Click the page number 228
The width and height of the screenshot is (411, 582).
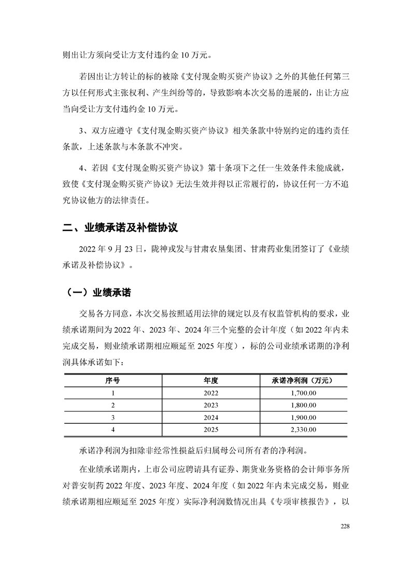pyautogui.click(x=345, y=526)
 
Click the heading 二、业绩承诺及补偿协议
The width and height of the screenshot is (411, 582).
pyautogui.click(x=120, y=228)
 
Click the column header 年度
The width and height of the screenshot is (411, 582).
pyautogui.click(x=211, y=380)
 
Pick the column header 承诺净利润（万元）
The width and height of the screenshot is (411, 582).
pyautogui.click(x=302, y=380)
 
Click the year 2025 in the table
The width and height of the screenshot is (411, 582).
pyautogui.click(x=211, y=429)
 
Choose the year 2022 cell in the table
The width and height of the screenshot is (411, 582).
pyautogui.click(x=211, y=393)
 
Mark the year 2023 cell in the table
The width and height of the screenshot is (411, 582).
pyautogui.click(x=211, y=405)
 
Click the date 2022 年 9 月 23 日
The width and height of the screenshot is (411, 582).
pyautogui.click(x=106, y=250)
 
